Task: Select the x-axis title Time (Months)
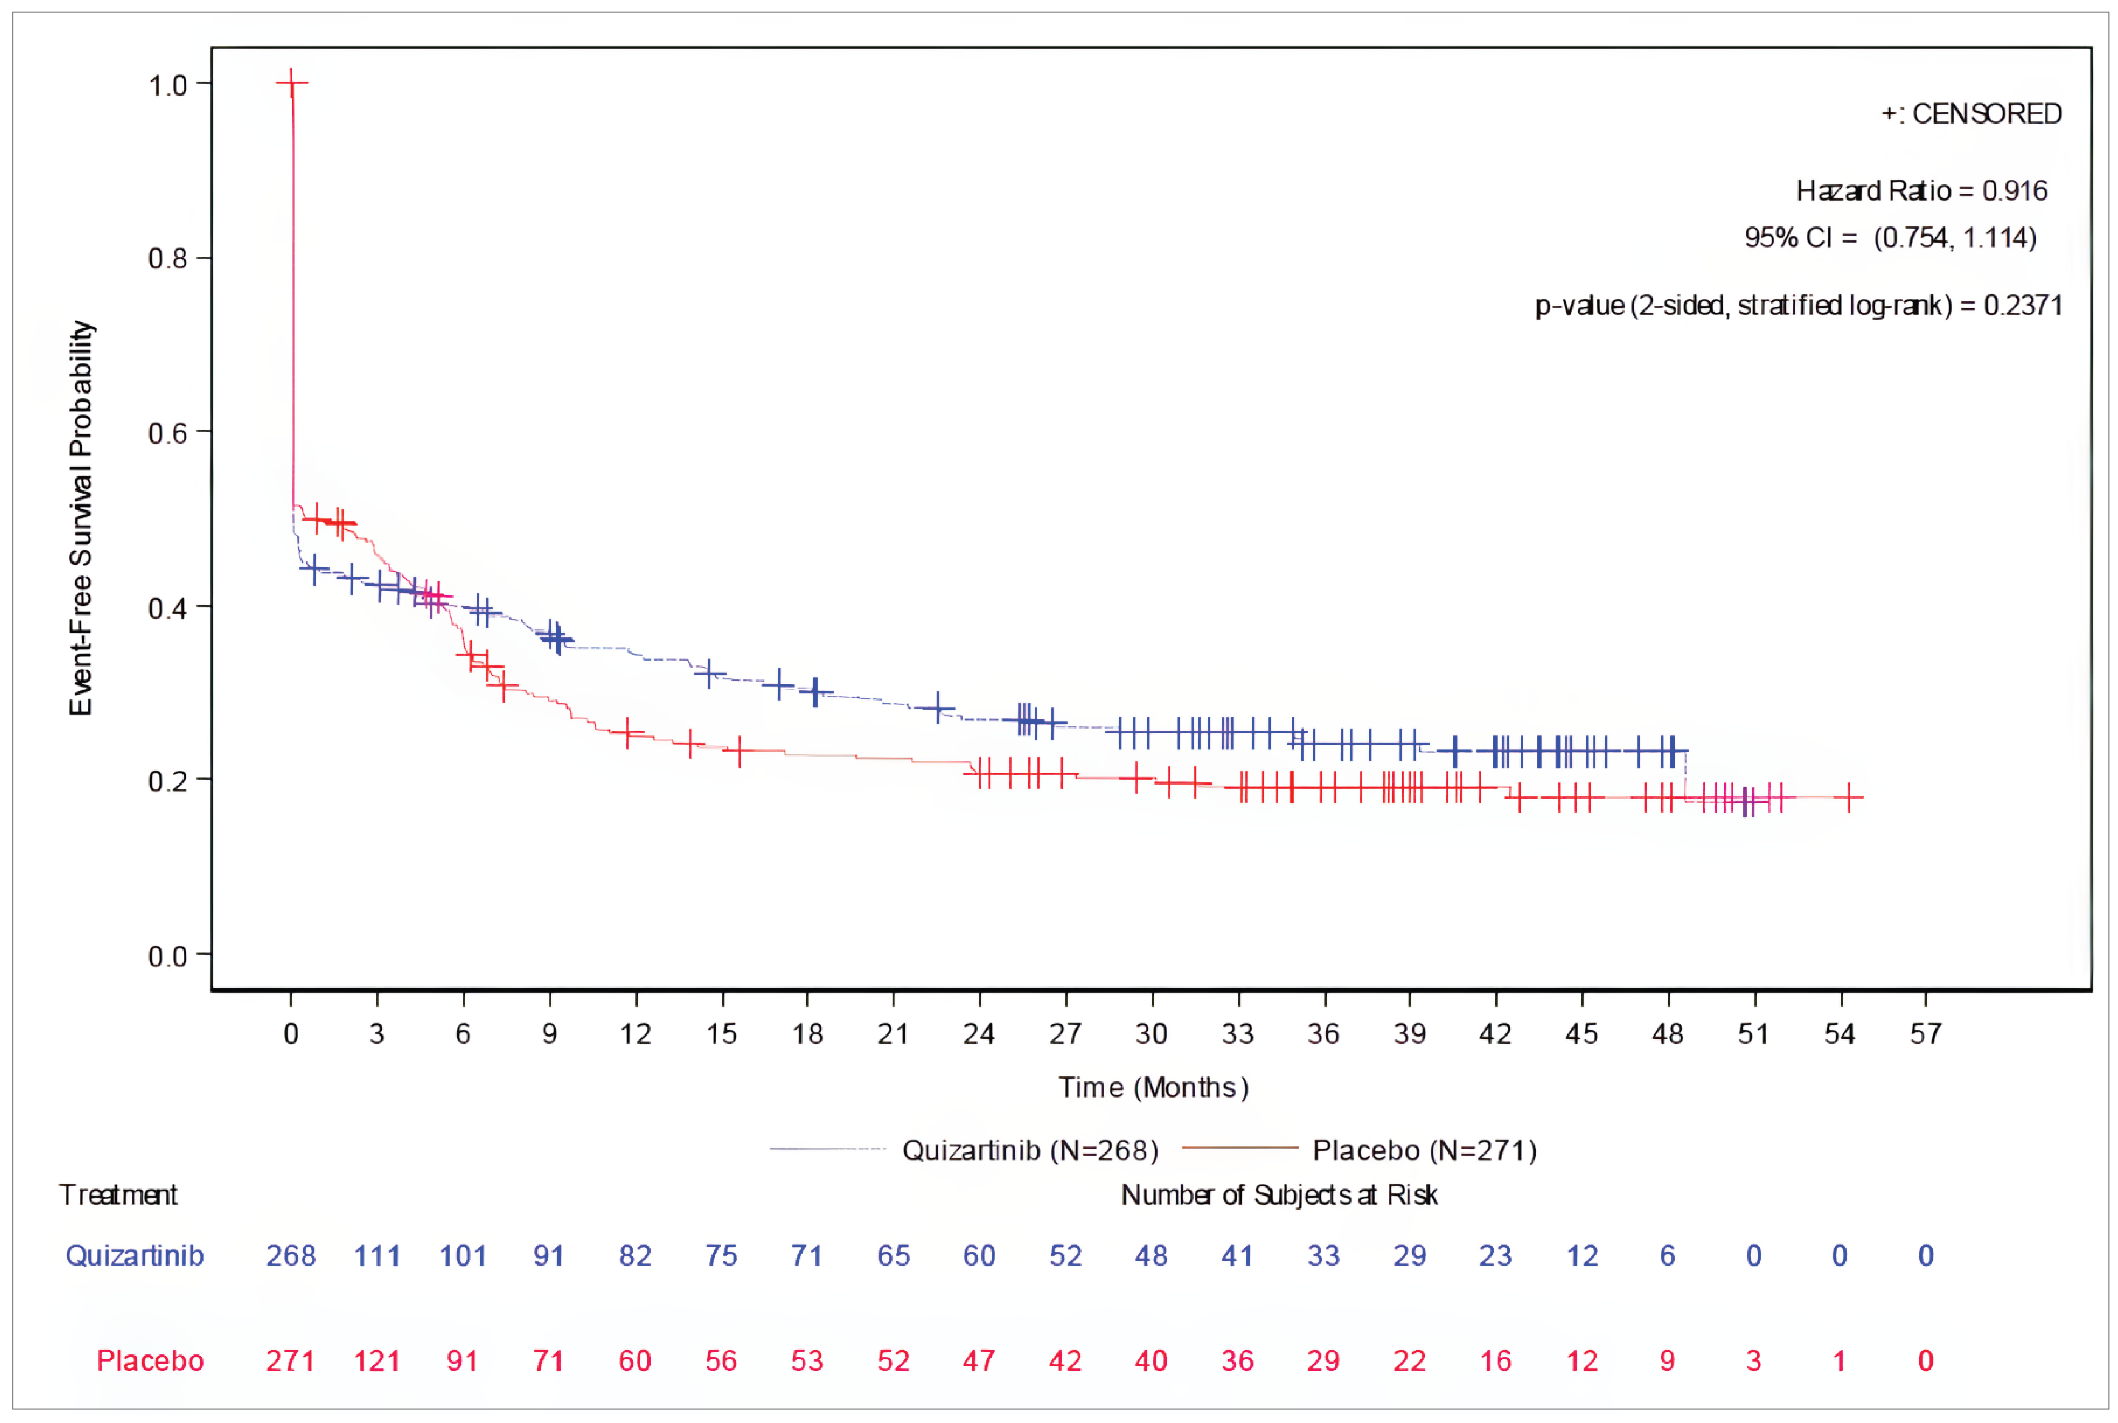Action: pyautogui.click(x=1152, y=1087)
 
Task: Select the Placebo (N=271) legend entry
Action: pyautogui.click(x=1424, y=1151)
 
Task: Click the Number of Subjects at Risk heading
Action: pyautogui.click(x=1279, y=1195)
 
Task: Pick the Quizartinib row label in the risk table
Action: pyautogui.click(x=134, y=1256)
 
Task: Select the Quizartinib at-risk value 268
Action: pyautogui.click(x=291, y=1256)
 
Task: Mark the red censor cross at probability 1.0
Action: pyautogui.click(x=291, y=83)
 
